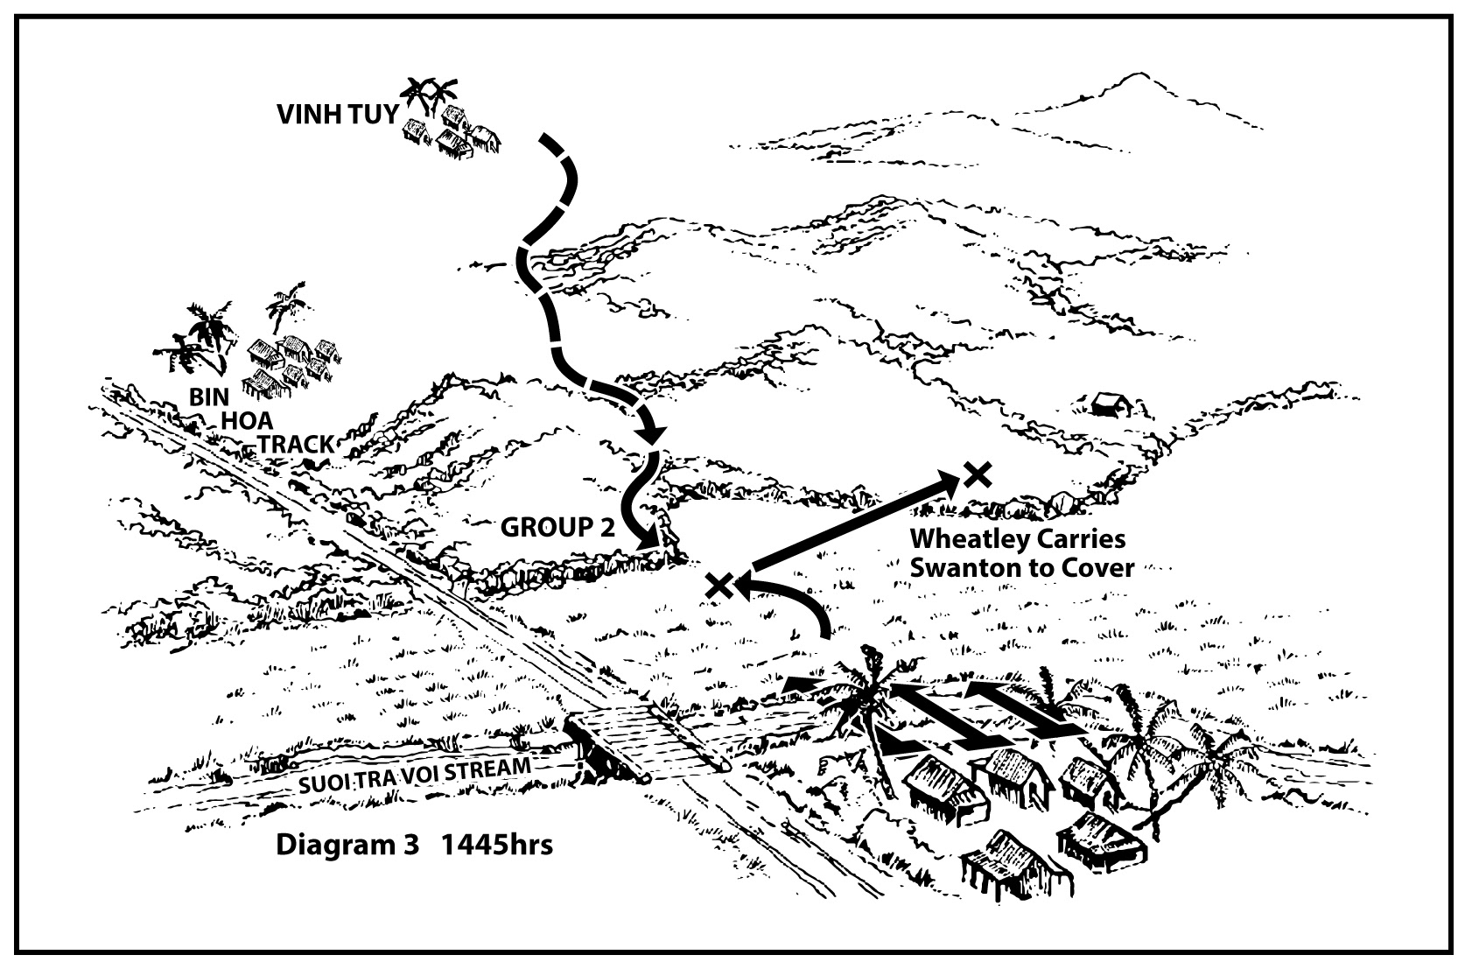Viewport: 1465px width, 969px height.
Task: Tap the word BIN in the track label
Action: point(209,397)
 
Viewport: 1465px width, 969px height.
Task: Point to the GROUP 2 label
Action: point(557,527)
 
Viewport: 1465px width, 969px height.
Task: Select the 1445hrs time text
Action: point(497,846)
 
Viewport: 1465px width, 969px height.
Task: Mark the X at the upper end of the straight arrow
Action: point(977,474)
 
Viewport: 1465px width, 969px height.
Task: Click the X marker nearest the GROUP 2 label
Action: point(719,585)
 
